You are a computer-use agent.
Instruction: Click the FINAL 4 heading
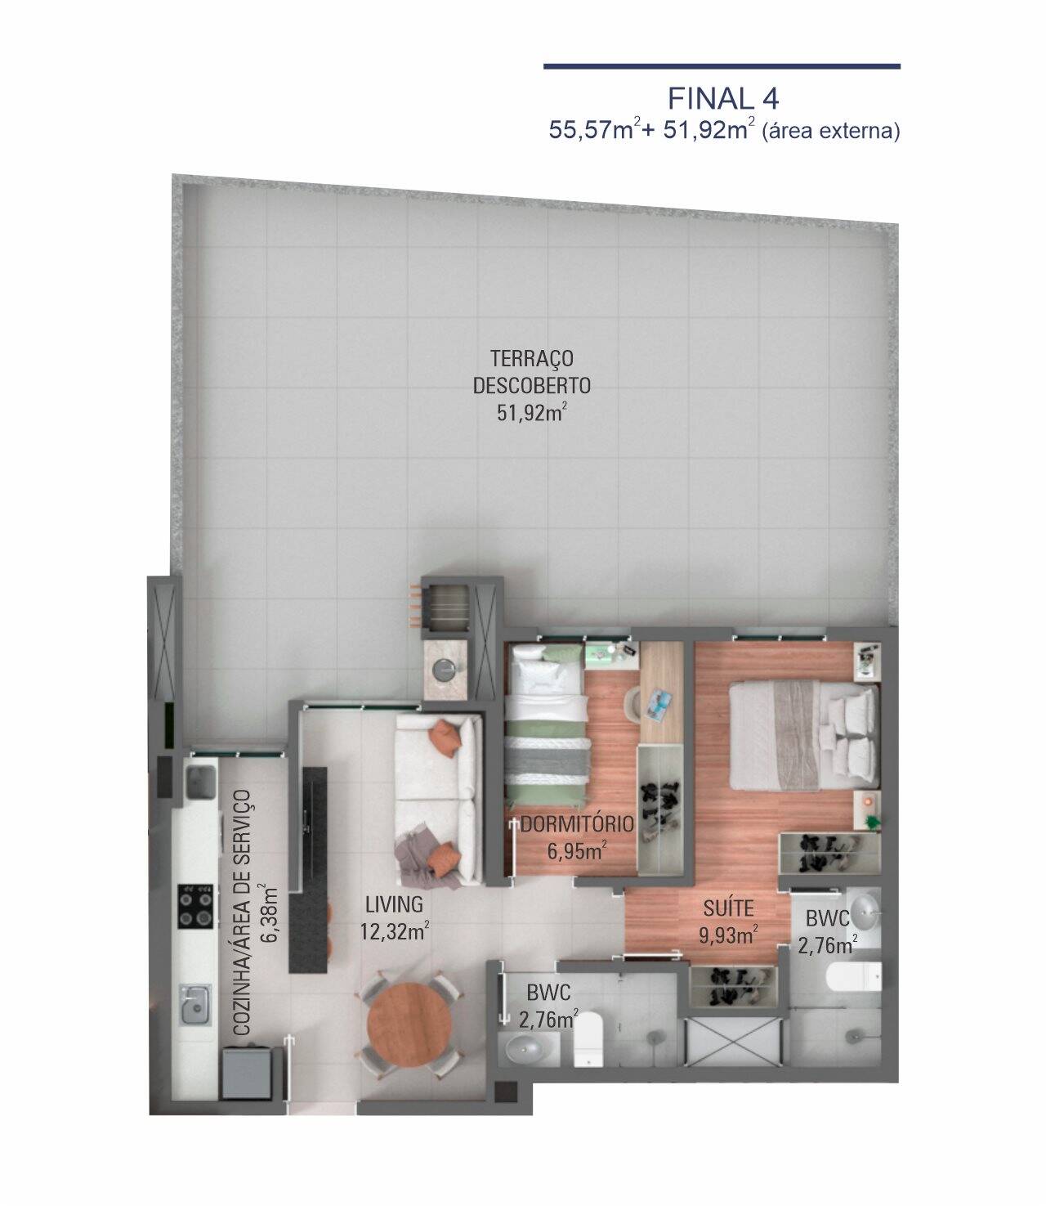point(722,99)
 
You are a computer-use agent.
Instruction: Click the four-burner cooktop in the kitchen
point(197,905)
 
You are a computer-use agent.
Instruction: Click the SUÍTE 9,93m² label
point(728,921)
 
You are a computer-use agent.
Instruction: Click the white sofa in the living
point(436,797)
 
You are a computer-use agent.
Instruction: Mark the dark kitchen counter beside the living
point(312,867)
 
